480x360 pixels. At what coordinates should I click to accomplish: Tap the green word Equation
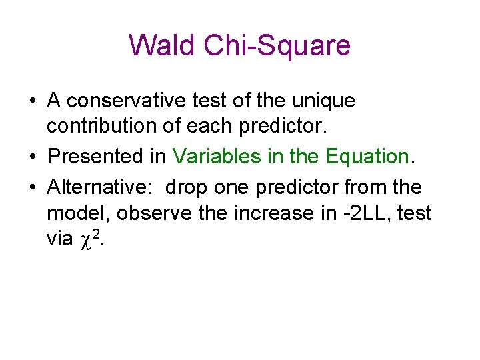pyautogui.click(x=367, y=157)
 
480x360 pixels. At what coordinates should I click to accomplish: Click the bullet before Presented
pyautogui.click(x=33, y=157)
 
